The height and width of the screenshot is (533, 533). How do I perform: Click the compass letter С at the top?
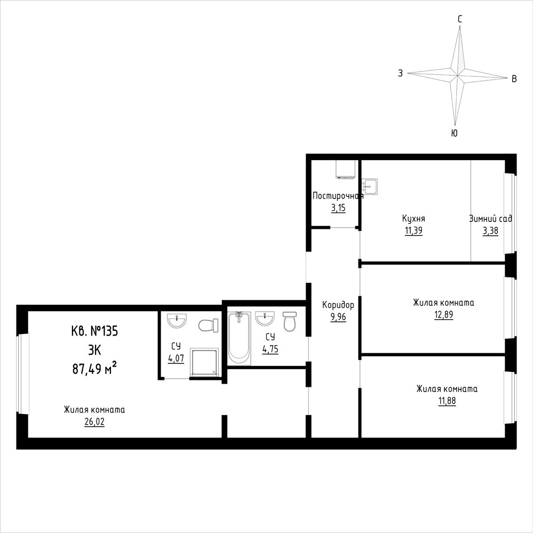pyautogui.click(x=459, y=19)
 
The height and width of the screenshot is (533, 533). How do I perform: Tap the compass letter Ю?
pyautogui.click(x=454, y=133)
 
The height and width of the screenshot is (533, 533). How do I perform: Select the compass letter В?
pyautogui.click(x=514, y=79)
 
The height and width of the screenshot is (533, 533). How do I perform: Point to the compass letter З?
pyautogui.click(x=401, y=73)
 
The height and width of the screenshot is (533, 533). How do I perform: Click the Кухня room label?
pyautogui.click(x=413, y=218)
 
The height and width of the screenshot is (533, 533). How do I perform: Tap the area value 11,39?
pyautogui.click(x=413, y=231)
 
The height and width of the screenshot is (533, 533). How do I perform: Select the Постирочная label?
pyautogui.click(x=338, y=196)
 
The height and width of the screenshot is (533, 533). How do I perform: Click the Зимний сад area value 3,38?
pyautogui.click(x=490, y=231)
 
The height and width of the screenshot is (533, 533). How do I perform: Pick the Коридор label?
pyautogui.click(x=338, y=305)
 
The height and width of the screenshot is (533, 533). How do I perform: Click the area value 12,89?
pyautogui.click(x=443, y=315)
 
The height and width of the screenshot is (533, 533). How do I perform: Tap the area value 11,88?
pyautogui.click(x=447, y=401)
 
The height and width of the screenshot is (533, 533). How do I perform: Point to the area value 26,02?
pyautogui.click(x=94, y=422)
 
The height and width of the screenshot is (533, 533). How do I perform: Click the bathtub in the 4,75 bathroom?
pyautogui.click(x=240, y=338)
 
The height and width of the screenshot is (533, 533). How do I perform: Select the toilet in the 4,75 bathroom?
pyautogui.click(x=290, y=321)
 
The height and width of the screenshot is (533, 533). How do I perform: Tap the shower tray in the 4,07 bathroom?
pyautogui.click(x=204, y=362)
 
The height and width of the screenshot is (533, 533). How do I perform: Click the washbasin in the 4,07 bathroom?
pyautogui.click(x=177, y=321)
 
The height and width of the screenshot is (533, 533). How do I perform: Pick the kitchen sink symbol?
pyautogui.click(x=370, y=187)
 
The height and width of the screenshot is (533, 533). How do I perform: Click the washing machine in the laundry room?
pyautogui.click(x=346, y=169)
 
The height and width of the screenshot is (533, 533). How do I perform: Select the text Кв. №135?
pyautogui.click(x=94, y=331)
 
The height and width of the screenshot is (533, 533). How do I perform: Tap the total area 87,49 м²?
pyautogui.click(x=94, y=368)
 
